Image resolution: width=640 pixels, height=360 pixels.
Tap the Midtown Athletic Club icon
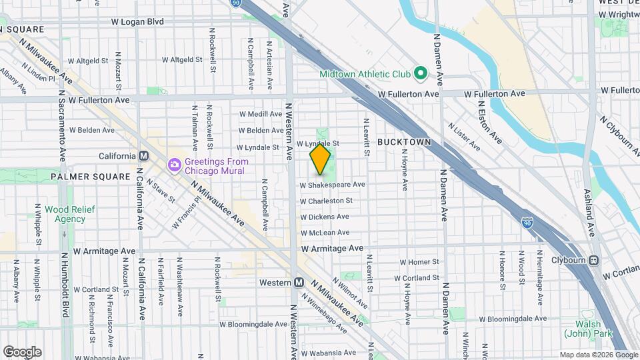tap(420, 72)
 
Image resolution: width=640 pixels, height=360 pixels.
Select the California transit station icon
tap(143, 156)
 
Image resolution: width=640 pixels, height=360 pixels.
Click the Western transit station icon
tap(299, 282)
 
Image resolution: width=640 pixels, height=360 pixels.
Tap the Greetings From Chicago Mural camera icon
tap(175, 163)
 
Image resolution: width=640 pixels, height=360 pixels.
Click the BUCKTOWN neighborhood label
tap(405, 142)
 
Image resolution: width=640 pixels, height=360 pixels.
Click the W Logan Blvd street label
tap(137, 21)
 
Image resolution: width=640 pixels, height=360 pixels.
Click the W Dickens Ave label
tap(325, 217)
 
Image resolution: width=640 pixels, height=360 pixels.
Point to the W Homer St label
tap(419, 262)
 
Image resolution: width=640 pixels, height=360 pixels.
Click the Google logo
tap(21, 352)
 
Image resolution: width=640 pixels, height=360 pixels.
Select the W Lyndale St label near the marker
tap(318, 143)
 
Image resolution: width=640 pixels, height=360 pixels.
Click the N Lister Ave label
tap(464, 135)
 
